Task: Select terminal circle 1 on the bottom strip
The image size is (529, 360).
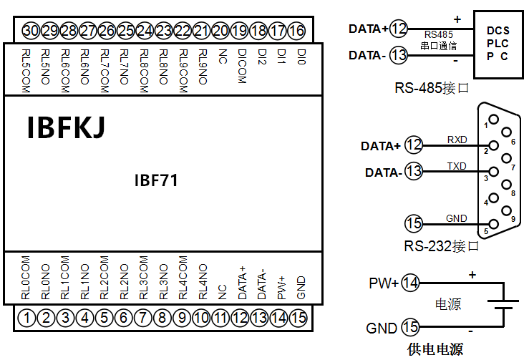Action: (x=27, y=317)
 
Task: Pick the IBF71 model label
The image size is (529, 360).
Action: (x=156, y=180)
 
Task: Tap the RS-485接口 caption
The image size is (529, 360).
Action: (x=432, y=89)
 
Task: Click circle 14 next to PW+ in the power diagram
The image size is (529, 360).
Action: (x=410, y=282)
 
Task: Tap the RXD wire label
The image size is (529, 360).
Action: (x=456, y=139)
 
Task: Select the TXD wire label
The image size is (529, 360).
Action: (x=456, y=166)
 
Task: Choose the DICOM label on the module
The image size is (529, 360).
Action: (x=241, y=67)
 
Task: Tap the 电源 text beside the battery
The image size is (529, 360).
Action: (x=448, y=304)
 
